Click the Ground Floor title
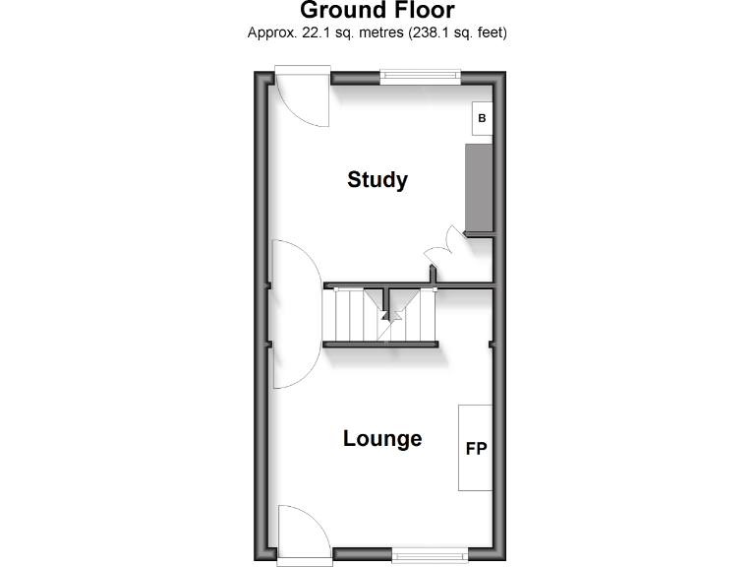point(377,11)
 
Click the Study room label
point(377,180)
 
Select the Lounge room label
point(382,439)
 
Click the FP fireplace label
point(476,448)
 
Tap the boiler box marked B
point(482,119)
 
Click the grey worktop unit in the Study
point(478,187)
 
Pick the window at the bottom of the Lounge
point(431,554)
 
